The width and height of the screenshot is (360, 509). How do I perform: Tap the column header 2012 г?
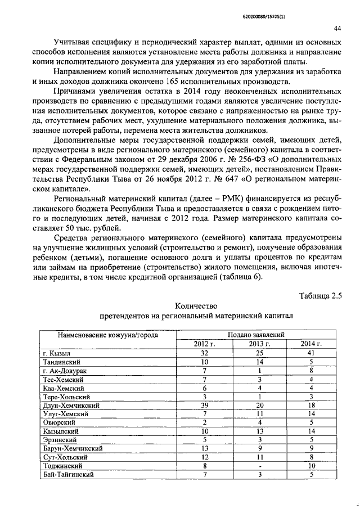pos(205,344)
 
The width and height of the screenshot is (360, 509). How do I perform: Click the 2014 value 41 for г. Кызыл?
pos(310,353)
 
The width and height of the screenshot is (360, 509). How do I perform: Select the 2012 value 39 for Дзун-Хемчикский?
pos(205,405)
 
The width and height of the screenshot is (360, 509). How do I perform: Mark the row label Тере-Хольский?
pos(67,397)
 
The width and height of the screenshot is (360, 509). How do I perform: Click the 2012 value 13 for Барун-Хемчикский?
pos(205,448)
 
